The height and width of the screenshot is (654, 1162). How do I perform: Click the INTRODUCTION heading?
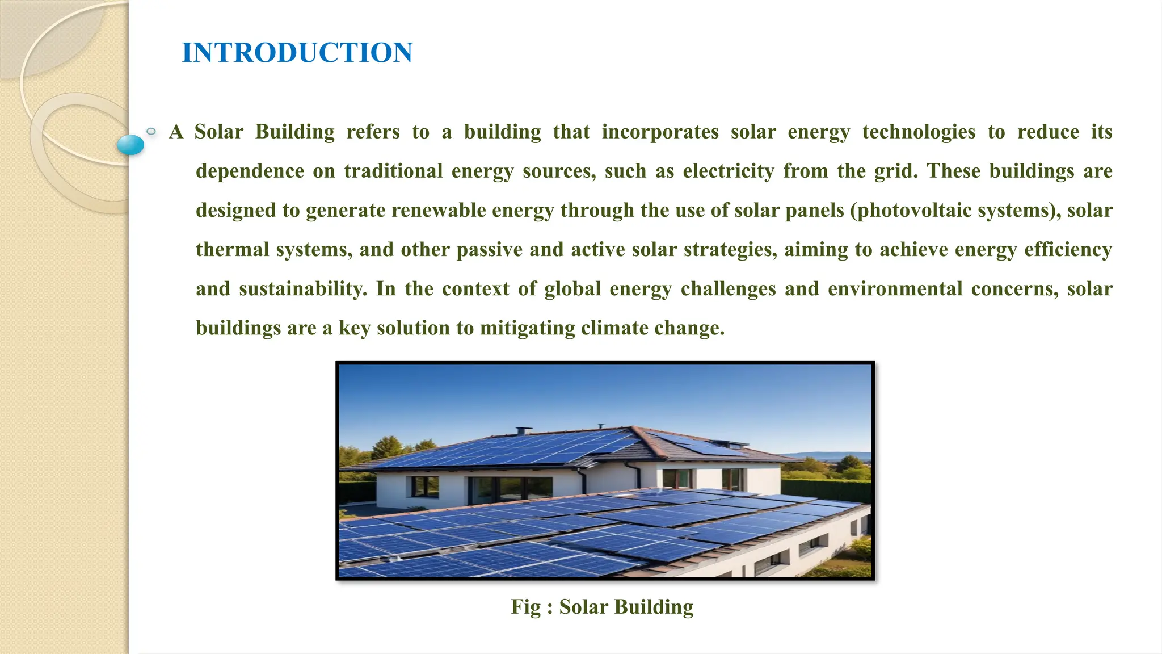click(297, 53)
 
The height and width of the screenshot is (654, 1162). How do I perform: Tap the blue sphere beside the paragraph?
click(130, 145)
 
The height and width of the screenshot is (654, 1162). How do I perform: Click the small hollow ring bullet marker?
click(151, 132)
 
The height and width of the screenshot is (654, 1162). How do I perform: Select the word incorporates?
click(660, 132)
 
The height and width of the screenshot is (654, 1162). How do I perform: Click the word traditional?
click(393, 171)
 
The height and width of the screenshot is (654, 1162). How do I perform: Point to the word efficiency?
click(1068, 250)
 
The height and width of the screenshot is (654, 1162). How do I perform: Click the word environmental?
click(895, 289)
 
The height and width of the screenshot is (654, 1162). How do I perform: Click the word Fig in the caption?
click(525, 607)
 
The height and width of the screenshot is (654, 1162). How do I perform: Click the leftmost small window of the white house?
click(424, 486)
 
